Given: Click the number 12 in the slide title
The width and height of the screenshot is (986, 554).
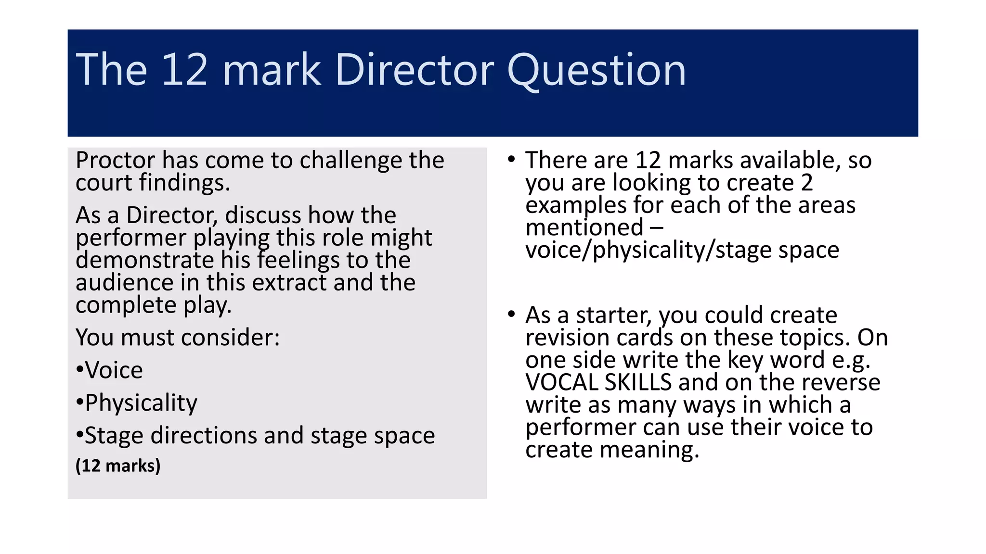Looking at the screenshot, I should click(x=184, y=70).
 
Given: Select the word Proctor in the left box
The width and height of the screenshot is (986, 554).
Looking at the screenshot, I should click(x=115, y=160).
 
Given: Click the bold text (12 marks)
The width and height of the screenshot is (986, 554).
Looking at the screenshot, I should click(x=118, y=466).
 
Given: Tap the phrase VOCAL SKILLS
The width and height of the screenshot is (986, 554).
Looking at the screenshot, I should click(x=598, y=382).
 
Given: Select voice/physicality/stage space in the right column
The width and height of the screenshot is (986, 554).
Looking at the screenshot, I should click(x=682, y=250).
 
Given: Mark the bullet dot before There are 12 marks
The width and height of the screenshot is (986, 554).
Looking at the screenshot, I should click(x=511, y=159).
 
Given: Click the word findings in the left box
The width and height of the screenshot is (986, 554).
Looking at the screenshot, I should click(x=184, y=183).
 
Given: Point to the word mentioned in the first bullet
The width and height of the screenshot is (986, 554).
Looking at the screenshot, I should click(x=584, y=227).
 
